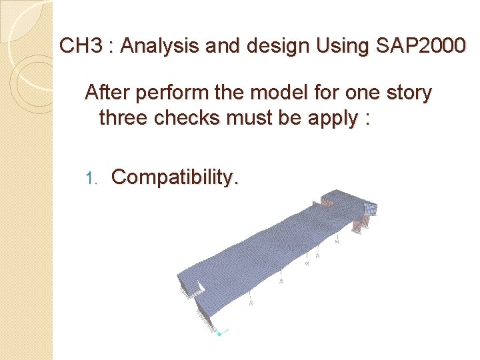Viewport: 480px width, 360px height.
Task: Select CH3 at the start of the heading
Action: [x=77, y=46]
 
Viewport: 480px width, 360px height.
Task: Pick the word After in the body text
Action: [x=104, y=93]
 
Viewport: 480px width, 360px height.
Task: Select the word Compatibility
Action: [x=174, y=177]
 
